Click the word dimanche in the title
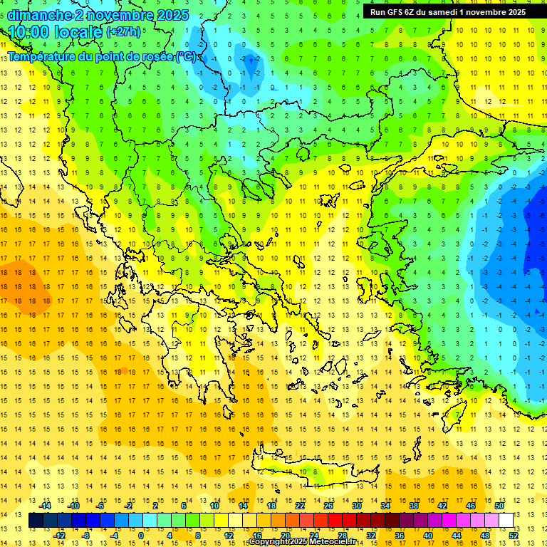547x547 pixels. [x=36, y=15]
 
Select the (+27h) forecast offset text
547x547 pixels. [x=123, y=32]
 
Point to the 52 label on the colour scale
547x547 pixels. [x=514, y=536]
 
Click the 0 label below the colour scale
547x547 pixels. [x=141, y=536]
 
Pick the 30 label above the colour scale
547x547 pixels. [x=356, y=506]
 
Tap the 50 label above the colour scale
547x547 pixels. [x=499, y=506]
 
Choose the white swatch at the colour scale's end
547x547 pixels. [x=506, y=521]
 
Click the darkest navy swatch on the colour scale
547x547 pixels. [x=36, y=521]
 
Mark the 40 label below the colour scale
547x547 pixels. [x=427, y=536]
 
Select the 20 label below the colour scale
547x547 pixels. [x=285, y=536]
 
